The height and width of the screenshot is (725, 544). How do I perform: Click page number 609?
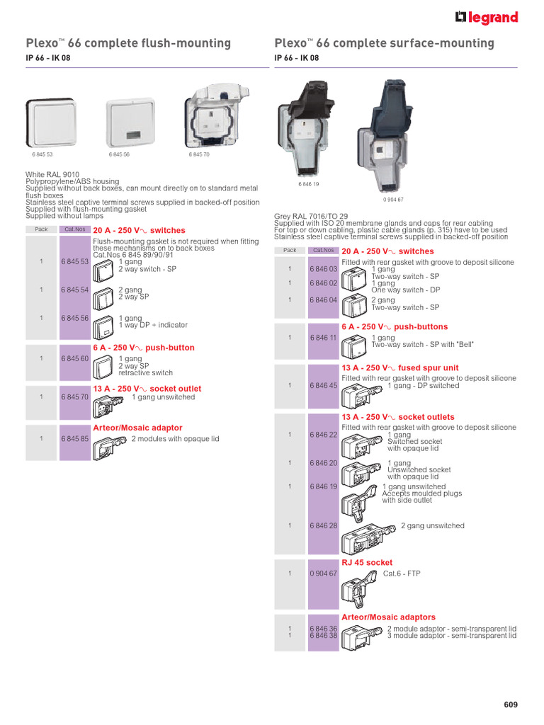pyautogui.click(x=511, y=704)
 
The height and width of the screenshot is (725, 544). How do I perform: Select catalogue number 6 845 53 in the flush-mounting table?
pyautogui.click(x=74, y=261)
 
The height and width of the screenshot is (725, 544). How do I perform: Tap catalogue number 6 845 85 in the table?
pyautogui.click(x=74, y=439)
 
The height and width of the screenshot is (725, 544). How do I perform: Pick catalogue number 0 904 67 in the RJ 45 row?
pyautogui.click(x=323, y=573)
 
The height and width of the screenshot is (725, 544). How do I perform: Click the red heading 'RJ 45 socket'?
pyautogui.click(x=367, y=562)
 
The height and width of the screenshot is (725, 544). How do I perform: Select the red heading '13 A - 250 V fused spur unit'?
pyautogui.click(x=399, y=368)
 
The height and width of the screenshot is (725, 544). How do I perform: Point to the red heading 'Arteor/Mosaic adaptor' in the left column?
pyautogui.click(x=137, y=428)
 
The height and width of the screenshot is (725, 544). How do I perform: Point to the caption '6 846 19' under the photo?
pyautogui.click(x=310, y=184)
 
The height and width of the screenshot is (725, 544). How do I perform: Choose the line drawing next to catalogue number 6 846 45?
pyautogui.click(x=361, y=396)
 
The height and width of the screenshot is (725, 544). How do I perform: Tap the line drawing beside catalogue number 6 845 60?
pyautogui.click(x=104, y=367)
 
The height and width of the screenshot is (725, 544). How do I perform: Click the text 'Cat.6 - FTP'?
pyautogui.click(x=402, y=573)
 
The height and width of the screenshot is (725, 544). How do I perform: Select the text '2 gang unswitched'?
pyautogui.click(x=432, y=526)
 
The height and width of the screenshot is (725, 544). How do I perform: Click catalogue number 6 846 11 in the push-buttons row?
pyautogui.click(x=323, y=338)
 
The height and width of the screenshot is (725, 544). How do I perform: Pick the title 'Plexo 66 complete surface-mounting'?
pyautogui.click(x=384, y=43)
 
